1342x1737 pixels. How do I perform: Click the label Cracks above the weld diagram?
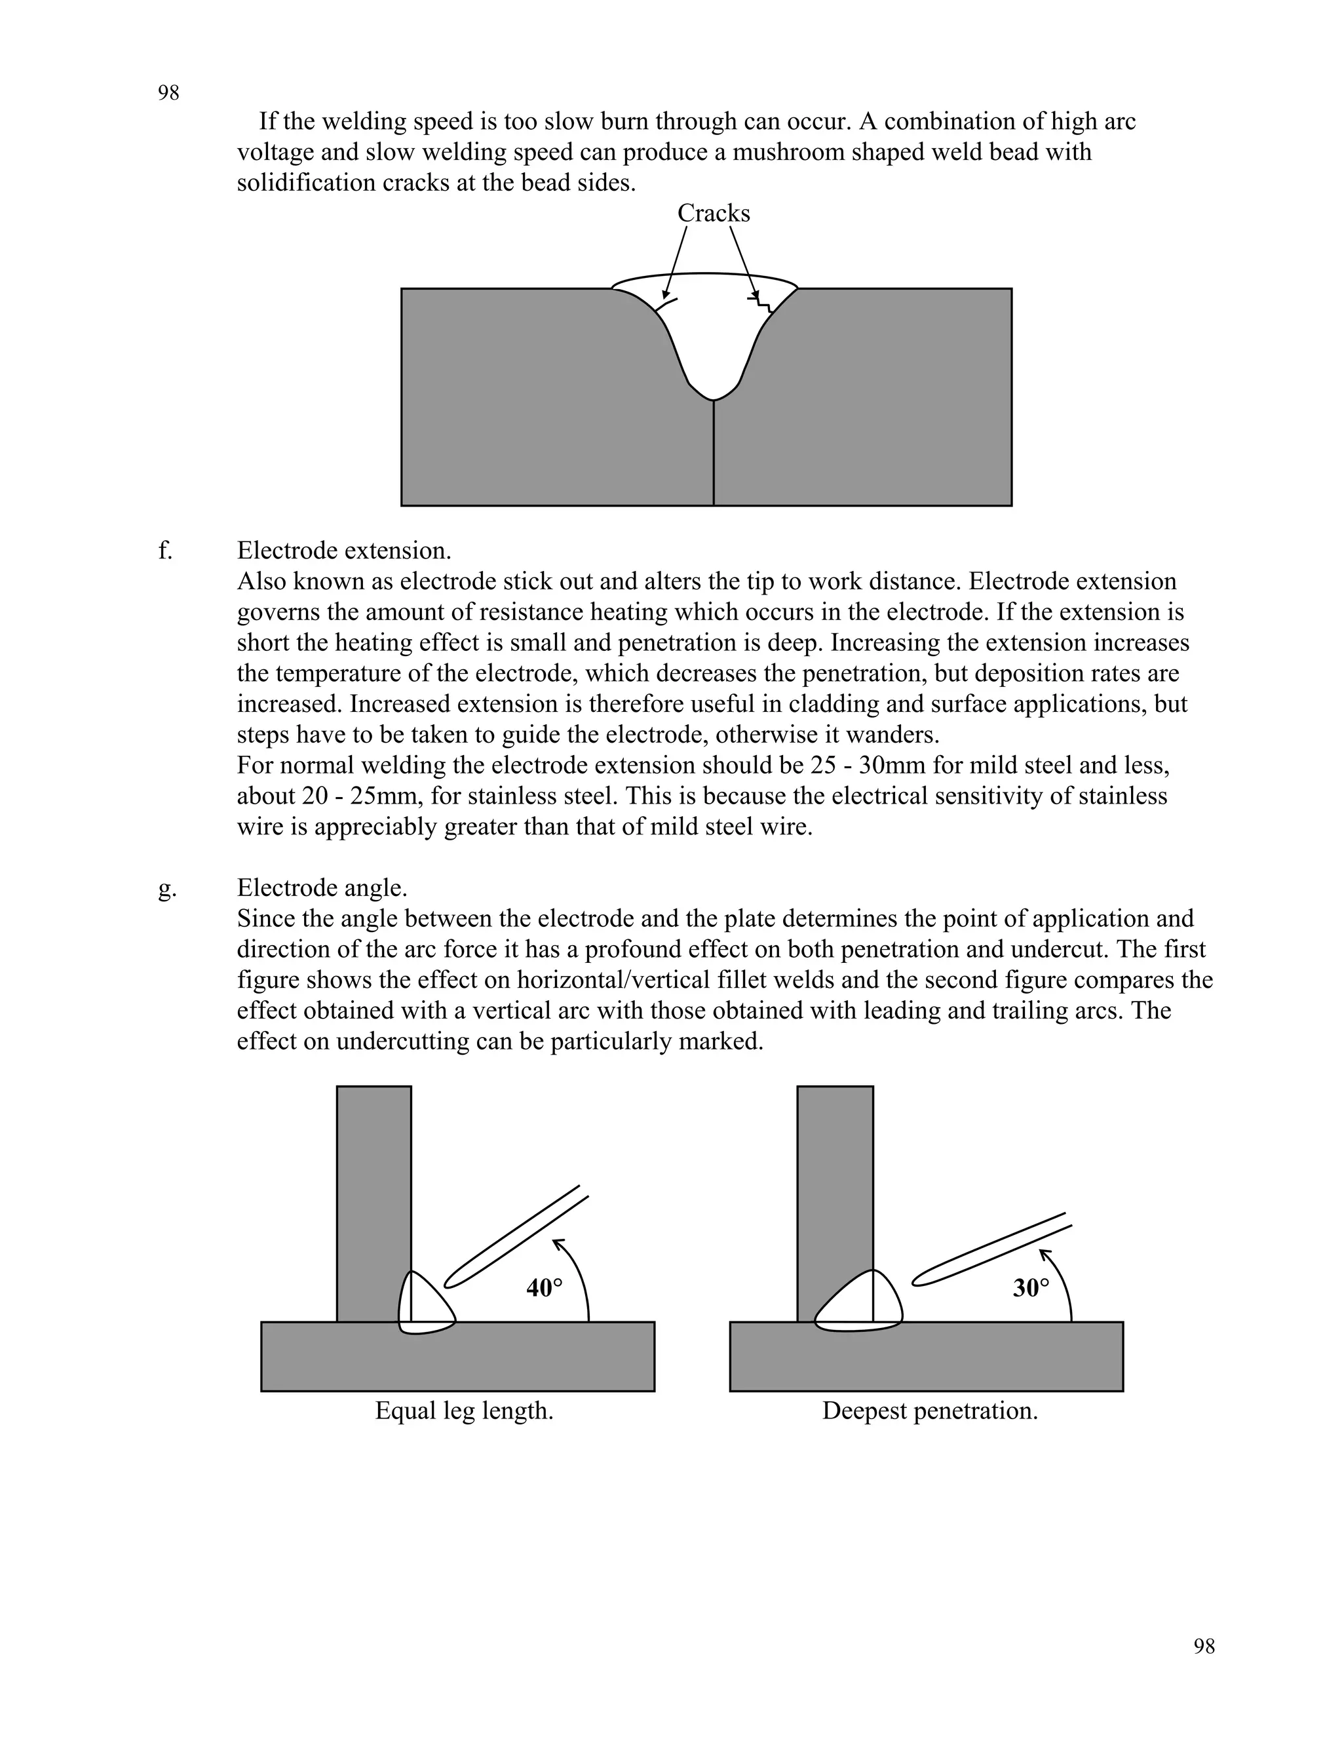(x=713, y=213)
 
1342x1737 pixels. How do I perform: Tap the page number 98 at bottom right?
(x=1204, y=1647)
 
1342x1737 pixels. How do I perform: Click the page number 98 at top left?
(x=168, y=93)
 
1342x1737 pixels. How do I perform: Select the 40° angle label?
(x=544, y=1287)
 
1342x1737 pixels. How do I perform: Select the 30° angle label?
(x=1030, y=1287)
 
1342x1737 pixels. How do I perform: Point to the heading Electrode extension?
(x=343, y=551)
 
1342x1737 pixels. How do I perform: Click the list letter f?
(x=164, y=551)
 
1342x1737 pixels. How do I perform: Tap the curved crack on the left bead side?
(x=667, y=305)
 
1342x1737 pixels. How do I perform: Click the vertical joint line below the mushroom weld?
(x=713, y=454)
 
